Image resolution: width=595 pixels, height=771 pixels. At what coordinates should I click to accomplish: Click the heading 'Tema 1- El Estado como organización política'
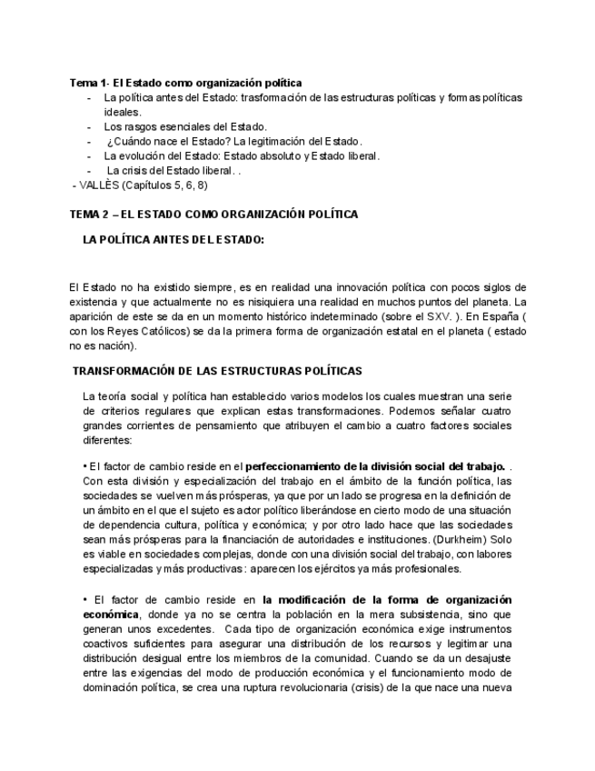tap(186, 83)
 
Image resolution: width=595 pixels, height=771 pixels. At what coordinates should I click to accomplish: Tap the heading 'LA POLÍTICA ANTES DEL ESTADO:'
tap(173, 240)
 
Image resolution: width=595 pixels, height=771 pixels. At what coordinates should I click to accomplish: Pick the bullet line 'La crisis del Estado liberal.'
tap(173, 170)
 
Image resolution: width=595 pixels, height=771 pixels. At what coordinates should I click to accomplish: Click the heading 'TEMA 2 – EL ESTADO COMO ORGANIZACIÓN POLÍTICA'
tap(213, 214)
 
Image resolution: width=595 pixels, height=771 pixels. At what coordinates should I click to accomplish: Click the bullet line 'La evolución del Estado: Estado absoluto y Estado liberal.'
tap(242, 155)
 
